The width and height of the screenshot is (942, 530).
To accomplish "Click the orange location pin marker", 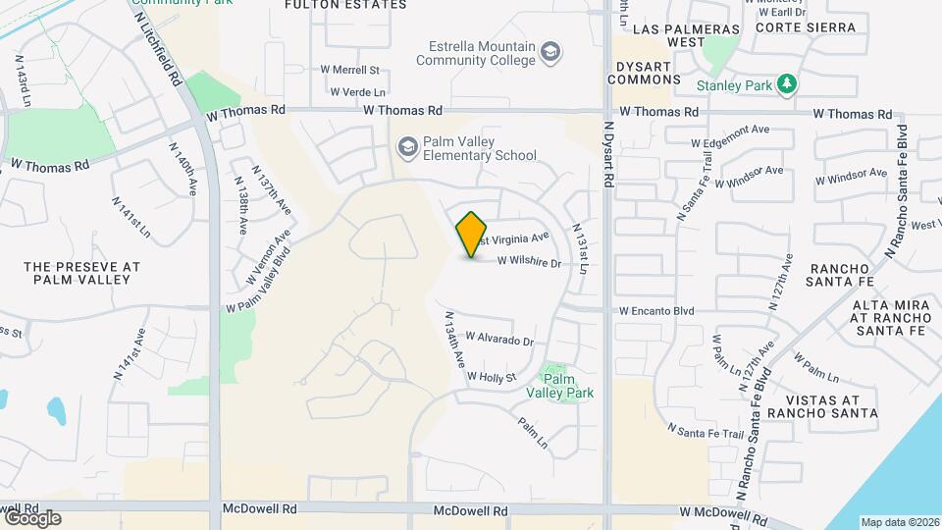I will click(472, 235).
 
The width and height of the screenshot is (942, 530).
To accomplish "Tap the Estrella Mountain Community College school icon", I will click(551, 49).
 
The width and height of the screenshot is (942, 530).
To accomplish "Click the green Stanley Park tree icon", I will click(785, 84).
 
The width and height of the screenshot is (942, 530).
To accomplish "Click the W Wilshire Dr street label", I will click(529, 262).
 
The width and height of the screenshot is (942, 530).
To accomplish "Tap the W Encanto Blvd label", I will click(656, 311).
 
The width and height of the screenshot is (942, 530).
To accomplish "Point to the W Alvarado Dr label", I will click(499, 339).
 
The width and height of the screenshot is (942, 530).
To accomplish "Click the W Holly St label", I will click(492, 376).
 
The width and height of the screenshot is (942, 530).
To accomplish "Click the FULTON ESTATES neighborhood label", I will click(332, 5).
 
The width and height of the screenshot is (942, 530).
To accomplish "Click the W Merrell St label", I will click(349, 70).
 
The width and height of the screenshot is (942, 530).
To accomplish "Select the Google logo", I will click(31, 518).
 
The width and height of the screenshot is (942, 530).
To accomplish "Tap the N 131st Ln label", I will click(582, 250).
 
